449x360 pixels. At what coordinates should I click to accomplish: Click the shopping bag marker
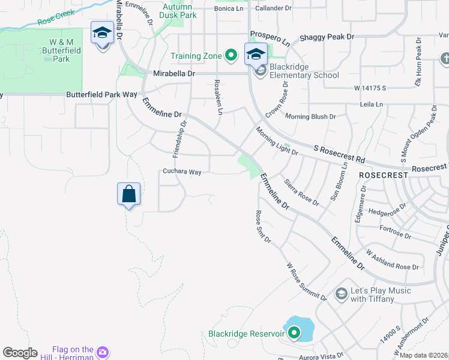(x=128, y=194)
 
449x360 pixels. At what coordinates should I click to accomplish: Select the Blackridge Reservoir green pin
(x=294, y=332)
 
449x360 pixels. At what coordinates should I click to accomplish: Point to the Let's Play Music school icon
(x=342, y=293)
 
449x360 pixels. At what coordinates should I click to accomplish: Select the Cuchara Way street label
(x=182, y=172)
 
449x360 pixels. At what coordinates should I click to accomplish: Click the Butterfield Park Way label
(x=101, y=95)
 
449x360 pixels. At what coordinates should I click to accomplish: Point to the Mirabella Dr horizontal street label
(x=174, y=73)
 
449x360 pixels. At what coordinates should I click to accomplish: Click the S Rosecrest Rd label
(x=339, y=154)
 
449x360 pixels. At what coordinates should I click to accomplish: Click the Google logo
(x=20, y=352)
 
